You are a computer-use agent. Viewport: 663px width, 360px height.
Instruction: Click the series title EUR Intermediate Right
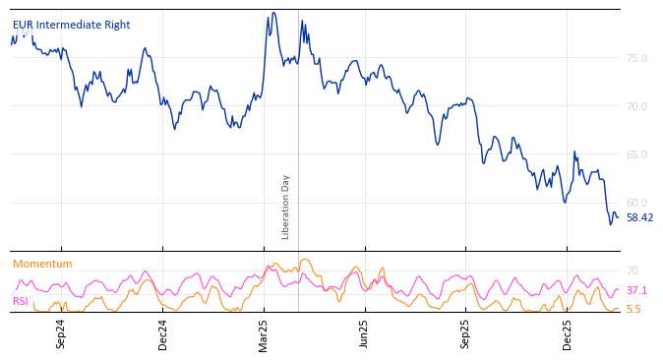[x=71, y=26]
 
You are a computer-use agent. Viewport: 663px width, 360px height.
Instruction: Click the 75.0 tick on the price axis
[x=636, y=59]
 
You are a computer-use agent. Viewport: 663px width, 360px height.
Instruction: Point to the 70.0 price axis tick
[x=636, y=107]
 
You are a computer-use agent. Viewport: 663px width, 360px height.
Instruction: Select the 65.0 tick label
[x=636, y=155]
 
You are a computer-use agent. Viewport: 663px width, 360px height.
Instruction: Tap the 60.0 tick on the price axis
[x=636, y=204]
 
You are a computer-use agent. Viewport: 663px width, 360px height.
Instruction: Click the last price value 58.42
[x=639, y=218]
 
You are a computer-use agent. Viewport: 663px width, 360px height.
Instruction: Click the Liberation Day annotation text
[x=286, y=207]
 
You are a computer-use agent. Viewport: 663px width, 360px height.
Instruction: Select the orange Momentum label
[x=42, y=265]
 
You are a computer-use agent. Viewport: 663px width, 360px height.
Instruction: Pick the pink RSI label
[x=21, y=302]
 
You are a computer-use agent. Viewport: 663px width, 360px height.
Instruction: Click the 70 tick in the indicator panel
[x=633, y=271]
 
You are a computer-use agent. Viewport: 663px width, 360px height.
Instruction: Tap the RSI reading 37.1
[x=636, y=291]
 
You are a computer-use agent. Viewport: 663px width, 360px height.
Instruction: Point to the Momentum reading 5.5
[x=633, y=310]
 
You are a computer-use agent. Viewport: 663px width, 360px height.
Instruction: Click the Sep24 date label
[x=61, y=333]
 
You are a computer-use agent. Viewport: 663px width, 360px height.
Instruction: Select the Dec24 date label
[x=163, y=333]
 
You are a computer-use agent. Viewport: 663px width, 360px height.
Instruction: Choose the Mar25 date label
[x=264, y=333]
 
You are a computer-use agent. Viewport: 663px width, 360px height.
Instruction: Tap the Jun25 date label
[x=365, y=333]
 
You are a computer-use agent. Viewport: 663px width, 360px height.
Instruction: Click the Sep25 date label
[x=466, y=333]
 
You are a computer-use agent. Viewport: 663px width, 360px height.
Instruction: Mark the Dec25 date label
[x=568, y=333]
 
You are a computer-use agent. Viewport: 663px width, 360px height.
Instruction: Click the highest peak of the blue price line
[x=273, y=13]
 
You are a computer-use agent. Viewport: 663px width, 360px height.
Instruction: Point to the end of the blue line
[x=618, y=216]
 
